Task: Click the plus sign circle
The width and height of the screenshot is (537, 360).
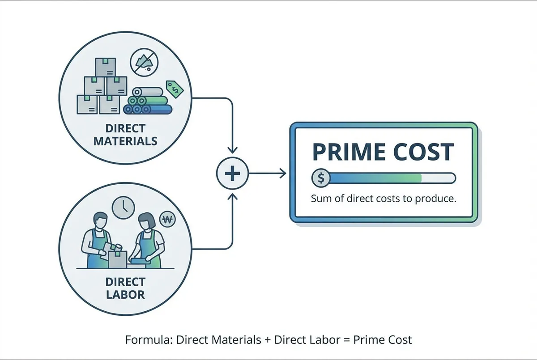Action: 232,174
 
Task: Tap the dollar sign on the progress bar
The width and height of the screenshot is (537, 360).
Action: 320,178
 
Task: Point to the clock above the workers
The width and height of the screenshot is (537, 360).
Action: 124,208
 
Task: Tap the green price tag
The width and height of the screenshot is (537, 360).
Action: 175,89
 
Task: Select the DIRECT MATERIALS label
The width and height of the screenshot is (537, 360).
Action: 125,135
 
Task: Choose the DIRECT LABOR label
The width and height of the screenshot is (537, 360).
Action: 125,288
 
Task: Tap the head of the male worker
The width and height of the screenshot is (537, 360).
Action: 101,220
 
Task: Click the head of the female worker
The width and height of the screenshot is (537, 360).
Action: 146,220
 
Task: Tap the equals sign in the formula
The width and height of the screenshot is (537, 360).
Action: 345,339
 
